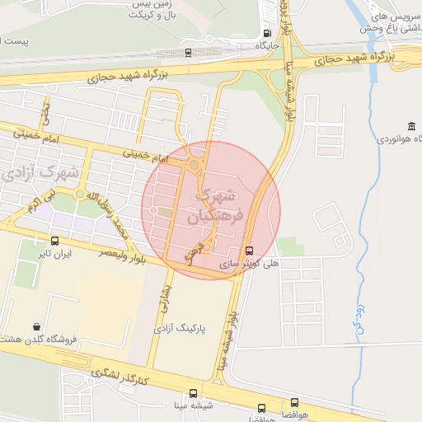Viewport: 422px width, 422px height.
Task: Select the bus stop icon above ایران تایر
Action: [x=54, y=241]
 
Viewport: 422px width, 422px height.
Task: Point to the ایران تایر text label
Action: [x=54, y=254]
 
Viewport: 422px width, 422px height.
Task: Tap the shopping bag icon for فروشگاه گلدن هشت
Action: [x=37, y=327]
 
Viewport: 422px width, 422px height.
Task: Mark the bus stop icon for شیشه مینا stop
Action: [x=192, y=393]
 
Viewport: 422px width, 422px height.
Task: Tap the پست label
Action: [x=15, y=40]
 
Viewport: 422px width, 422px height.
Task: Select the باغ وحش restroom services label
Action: [x=386, y=22]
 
